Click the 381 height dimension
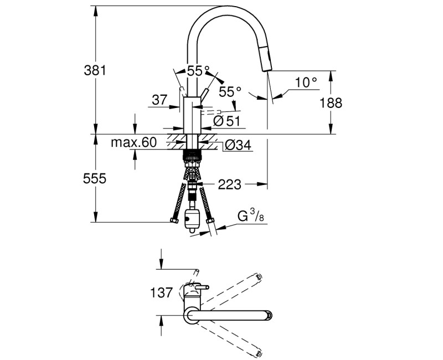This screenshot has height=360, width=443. [x=94, y=70]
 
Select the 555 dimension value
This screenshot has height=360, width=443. [x=94, y=178]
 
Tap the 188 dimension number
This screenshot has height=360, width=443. [x=331, y=102]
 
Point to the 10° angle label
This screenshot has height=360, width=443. [x=306, y=83]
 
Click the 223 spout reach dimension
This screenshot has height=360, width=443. [x=229, y=184]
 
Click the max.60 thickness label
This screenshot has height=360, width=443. [x=133, y=142]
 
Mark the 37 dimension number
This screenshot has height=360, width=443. [x=159, y=100]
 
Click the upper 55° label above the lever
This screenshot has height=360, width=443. [x=198, y=70]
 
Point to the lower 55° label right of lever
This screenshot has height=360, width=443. [x=230, y=90]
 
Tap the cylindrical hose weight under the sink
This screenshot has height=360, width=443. [x=192, y=218]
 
